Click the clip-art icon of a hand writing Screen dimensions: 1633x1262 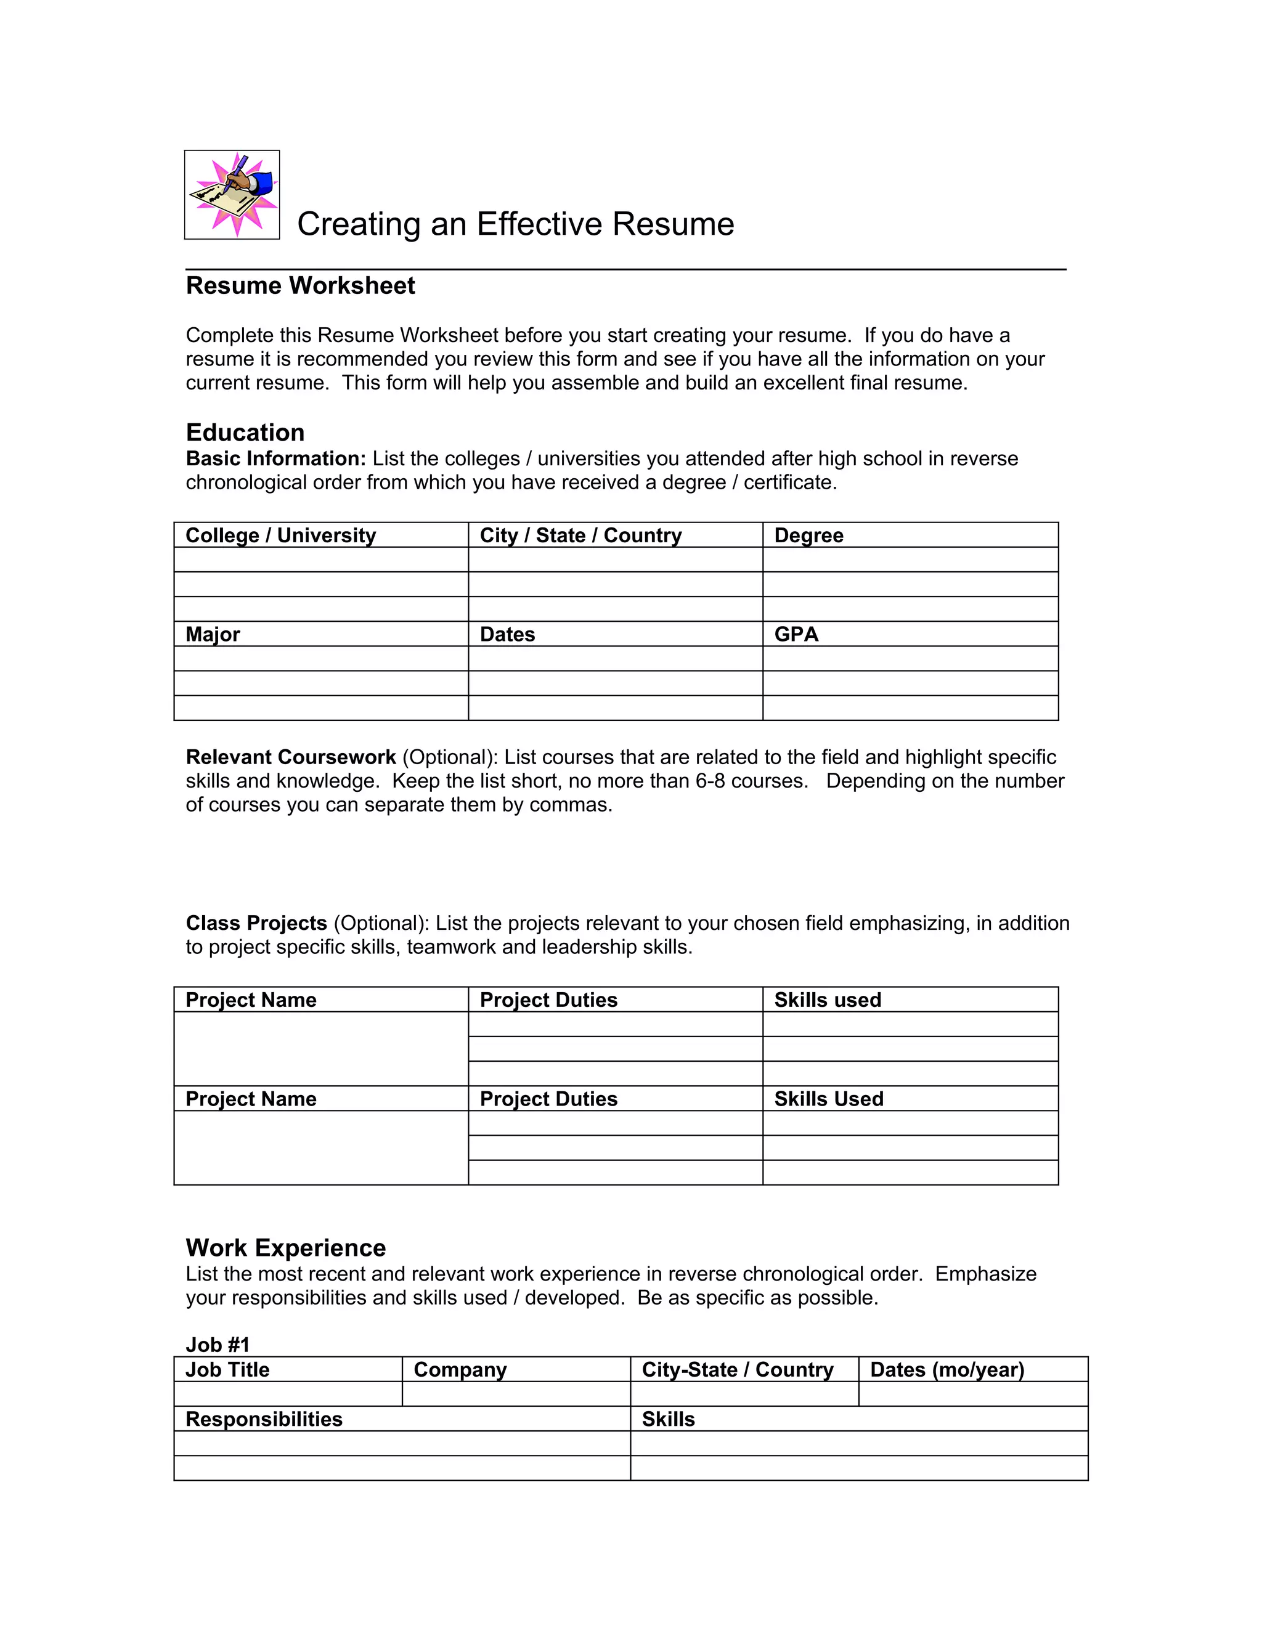click(232, 194)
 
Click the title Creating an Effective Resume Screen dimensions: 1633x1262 click(515, 224)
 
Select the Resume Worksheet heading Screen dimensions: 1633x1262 click(300, 286)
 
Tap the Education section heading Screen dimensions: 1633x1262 click(245, 432)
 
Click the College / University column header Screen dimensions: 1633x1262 click(280, 536)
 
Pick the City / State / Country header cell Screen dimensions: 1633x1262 click(580, 536)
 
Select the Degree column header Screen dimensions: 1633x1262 click(808, 536)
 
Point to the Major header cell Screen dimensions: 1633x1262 click(213, 634)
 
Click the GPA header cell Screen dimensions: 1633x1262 click(796, 634)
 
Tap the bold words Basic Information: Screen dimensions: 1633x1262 click(275, 458)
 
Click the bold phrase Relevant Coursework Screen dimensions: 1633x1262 click(290, 757)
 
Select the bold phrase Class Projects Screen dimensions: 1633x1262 click(256, 922)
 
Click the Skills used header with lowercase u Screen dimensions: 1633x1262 click(827, 1000)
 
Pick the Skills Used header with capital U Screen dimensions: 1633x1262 click(828, 1098)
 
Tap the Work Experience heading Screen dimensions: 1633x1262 click(285, 1248)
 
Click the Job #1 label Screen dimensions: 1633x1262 click(217, 1345)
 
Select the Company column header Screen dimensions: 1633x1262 click(460, 1369)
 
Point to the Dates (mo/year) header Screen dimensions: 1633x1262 click(946, 1369)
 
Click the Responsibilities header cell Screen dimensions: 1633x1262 click(263, 1419)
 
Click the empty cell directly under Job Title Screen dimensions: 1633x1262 click(288, 1394)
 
